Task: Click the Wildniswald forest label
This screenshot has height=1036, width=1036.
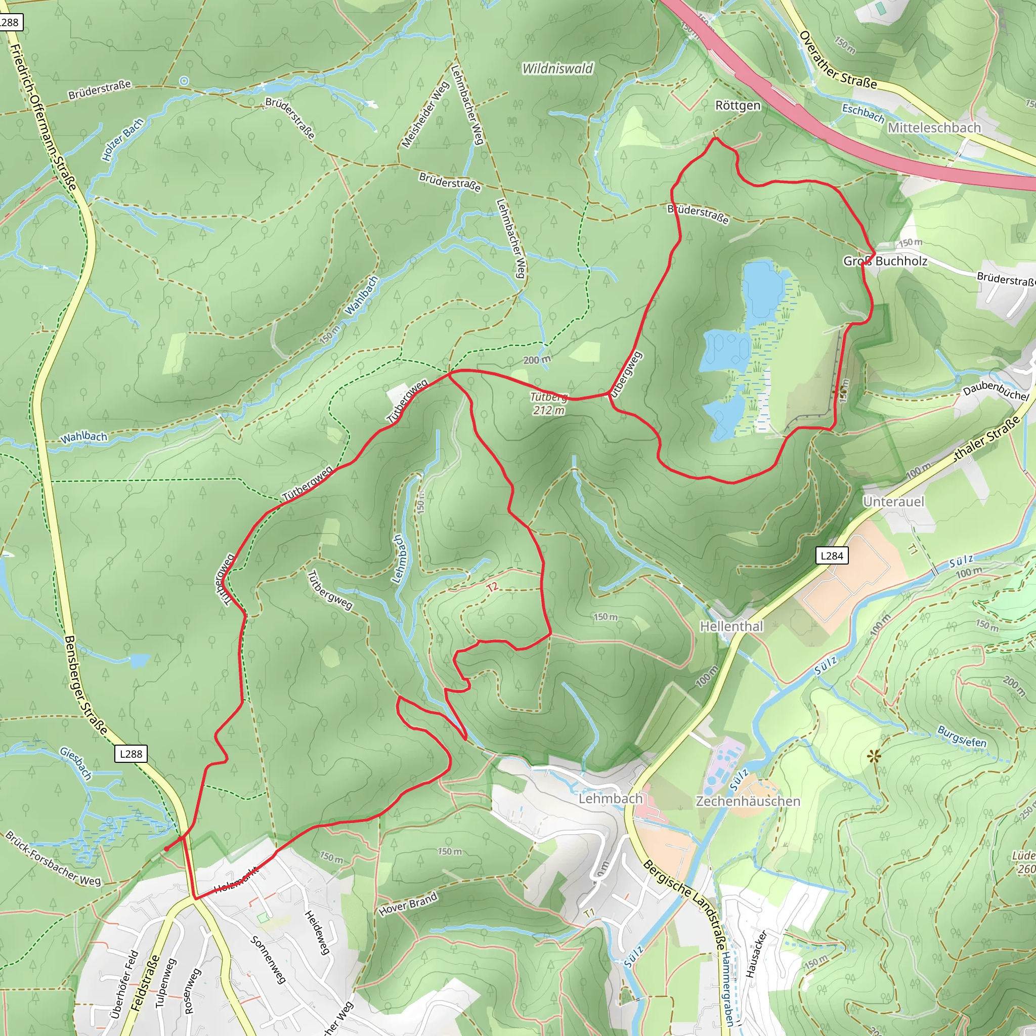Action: click(557, 69)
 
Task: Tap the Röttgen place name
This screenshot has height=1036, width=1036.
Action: click(738, 106)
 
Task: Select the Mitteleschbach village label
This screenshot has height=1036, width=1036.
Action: click(934, 127)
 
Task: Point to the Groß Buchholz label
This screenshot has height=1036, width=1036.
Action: click(885, 261)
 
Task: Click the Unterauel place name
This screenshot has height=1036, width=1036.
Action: click(894, 501)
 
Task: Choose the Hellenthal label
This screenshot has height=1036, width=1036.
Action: click(731, 626)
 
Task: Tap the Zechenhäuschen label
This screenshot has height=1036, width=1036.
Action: click(748, 801)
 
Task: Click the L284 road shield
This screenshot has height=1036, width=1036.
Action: click(832, 555)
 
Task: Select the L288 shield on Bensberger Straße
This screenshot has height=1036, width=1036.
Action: click(131, 754)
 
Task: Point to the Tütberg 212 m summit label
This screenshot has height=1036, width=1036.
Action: click(548, 403)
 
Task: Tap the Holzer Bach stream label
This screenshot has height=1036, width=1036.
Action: click(123, 140)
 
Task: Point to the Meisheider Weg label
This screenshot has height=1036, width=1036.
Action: click(426, 115)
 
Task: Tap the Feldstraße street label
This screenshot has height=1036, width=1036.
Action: click(144, 982)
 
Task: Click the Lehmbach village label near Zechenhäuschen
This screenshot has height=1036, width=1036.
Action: click(610, 798)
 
